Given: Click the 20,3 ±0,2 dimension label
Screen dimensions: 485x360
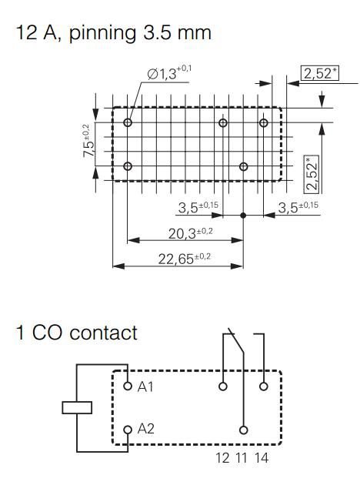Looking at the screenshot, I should [x=181, y=233].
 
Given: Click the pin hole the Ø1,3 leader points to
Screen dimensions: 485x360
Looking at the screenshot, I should [x=128, y=122].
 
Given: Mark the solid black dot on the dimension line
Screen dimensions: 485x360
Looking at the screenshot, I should [x=244, y=216].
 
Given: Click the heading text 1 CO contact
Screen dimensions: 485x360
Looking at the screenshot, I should [x=77, y=333].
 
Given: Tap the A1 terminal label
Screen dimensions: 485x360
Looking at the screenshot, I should [x=146, y=386].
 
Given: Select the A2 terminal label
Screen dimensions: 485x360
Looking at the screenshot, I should [x=146, y=429].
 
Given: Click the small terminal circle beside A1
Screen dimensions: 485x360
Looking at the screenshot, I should [x=128, y=386].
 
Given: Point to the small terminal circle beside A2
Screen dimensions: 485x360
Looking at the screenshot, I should [x=128, y=429].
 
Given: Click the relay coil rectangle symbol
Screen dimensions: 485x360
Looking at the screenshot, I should [x=77, y=407].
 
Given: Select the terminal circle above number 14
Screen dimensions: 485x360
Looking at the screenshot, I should [x=264, y=386].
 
